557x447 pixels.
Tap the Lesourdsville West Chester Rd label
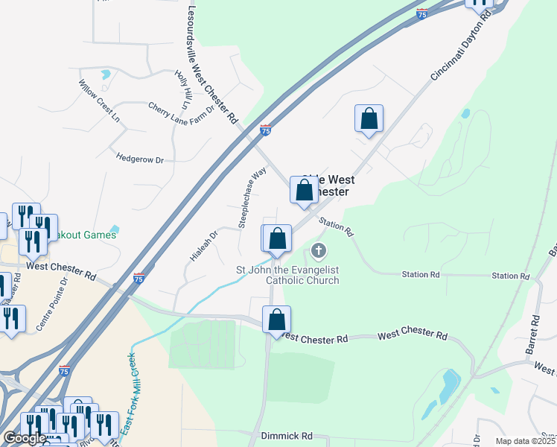click(213, 66)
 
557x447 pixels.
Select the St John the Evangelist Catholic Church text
click(287, 275)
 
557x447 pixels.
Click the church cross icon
click(319, 250)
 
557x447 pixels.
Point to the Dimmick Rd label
click(286, 435)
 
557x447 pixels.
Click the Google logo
click(25, 438)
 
